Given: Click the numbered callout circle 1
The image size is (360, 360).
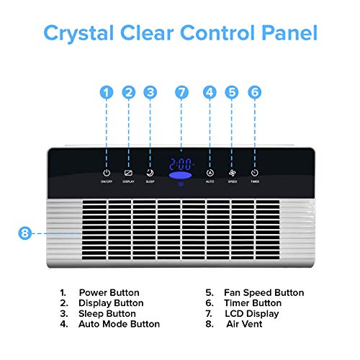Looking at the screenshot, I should click(x=107, y=92).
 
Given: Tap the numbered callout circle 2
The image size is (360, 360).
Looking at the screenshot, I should click(x=128, y=92).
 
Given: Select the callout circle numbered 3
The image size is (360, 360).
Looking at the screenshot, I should click(x=150, y=92).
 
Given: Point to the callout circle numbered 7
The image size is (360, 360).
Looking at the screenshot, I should click(x=181, y=92).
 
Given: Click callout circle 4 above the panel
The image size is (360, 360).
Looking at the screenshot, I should click(x=210, y=92).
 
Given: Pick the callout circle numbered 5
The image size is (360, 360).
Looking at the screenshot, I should click(x=231, y=92).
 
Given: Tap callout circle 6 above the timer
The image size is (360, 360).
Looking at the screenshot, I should click(x=255, y=92).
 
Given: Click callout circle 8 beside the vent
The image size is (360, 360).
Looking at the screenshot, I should click(x=24, y=233).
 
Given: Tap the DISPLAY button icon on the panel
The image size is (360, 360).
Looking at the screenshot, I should click(x=128, y=173).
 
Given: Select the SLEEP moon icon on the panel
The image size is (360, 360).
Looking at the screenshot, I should click(x=150, y=173).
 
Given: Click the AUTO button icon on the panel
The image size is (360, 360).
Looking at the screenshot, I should click(x=210, y=173).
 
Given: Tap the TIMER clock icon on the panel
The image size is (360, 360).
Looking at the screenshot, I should click(x=255, y=173).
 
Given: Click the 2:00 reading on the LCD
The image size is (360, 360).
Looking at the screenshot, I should click(x=181, y=163).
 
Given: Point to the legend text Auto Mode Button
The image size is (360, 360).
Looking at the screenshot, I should click(x=120, y=324).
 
